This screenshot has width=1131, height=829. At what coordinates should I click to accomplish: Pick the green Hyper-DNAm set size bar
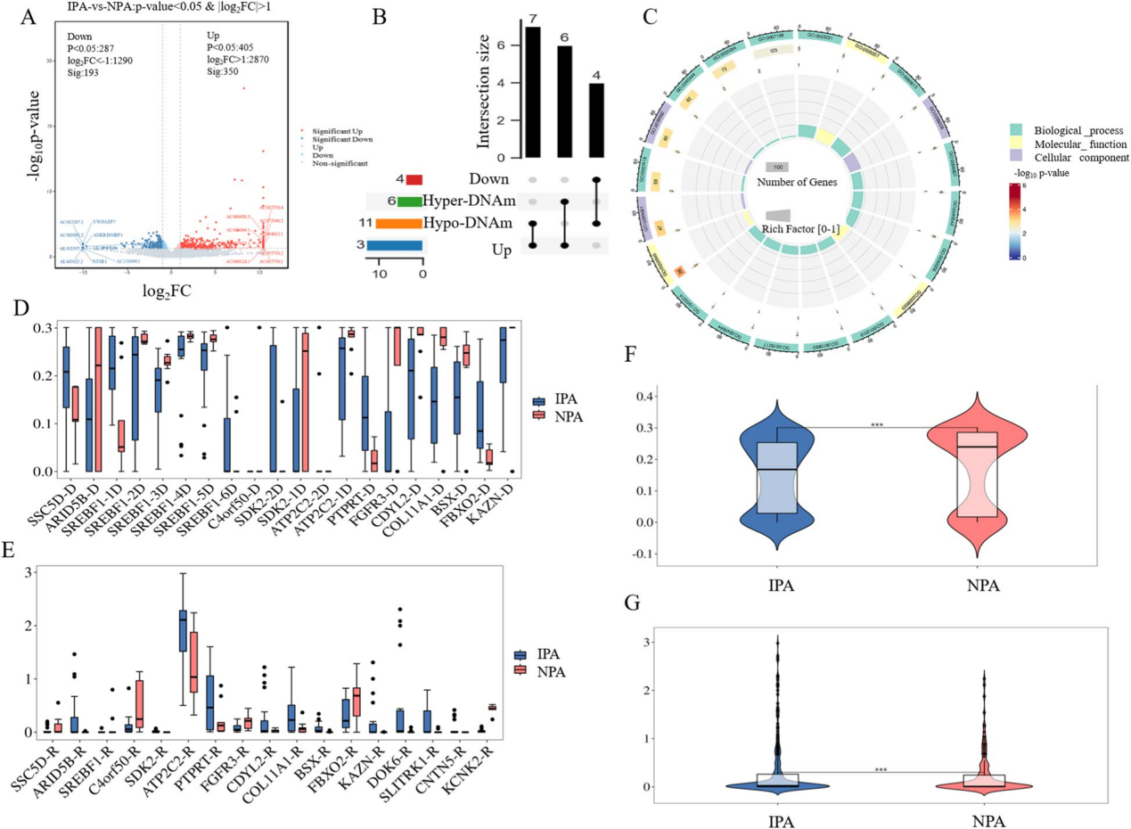click(410, 202)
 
